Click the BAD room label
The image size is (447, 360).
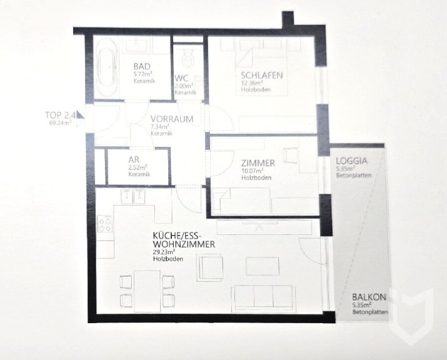[x=142, y=66]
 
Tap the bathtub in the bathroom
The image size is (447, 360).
[x=107, y=67]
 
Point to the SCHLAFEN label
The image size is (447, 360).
[x=262, y=76]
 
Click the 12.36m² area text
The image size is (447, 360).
[x=252, y=83]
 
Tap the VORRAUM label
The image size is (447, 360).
[x=172, y=119]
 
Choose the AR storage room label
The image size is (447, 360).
[x=134, y=159]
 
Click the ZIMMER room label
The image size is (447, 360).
[x=258, y=163]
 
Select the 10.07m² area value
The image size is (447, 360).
[x=252, y=171]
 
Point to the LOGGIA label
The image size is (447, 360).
[x=352, y=161]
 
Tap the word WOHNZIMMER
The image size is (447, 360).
[x=184, y=244]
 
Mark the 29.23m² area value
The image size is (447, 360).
[x=164, y=252]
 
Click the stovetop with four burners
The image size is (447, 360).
[x=104, y=224]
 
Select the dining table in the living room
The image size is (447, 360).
[x=147, y=291]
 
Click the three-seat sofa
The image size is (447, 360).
[x=264, y=297]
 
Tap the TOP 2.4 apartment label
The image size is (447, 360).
[x=61, y=115]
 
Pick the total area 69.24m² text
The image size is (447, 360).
[x=60, y=123]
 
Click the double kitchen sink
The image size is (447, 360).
[x=133, y=196]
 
